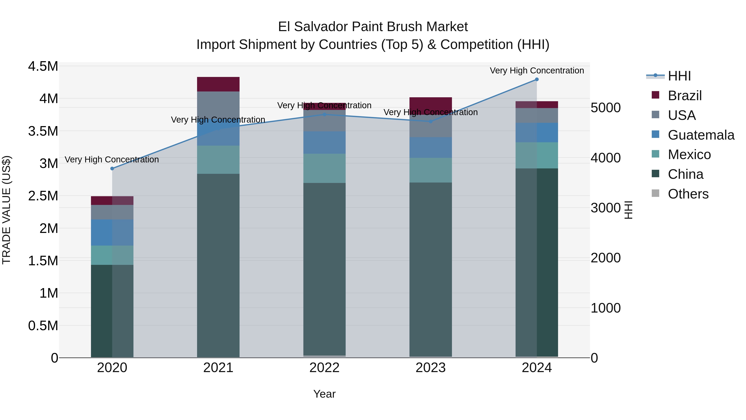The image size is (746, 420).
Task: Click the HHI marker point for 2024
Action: click(537, 79)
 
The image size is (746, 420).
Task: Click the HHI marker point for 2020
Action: click(112, 168)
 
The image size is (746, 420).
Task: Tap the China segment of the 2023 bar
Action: click(430, 270)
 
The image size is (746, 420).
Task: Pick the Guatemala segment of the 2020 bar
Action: click(112, 233)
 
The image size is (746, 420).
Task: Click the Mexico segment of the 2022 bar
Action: click(324, 168)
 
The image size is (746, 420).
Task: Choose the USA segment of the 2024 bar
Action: click(537, 115)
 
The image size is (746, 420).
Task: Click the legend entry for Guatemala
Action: click(701, 135)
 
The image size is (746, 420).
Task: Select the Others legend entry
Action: click(688, 194)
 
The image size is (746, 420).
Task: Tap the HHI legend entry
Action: click(679, 76)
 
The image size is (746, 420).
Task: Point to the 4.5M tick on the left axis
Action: click(43, 66)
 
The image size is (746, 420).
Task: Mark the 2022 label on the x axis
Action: click(324, 368)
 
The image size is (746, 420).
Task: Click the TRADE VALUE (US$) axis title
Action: click(6, 210)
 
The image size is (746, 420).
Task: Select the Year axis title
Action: click(324, 394)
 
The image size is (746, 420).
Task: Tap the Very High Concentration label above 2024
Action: click(537, 71)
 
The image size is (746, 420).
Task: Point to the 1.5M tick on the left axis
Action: click(43, 261)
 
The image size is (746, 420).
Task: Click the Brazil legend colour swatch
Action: click(655, 95)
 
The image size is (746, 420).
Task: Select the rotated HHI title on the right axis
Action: click(628, 210)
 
